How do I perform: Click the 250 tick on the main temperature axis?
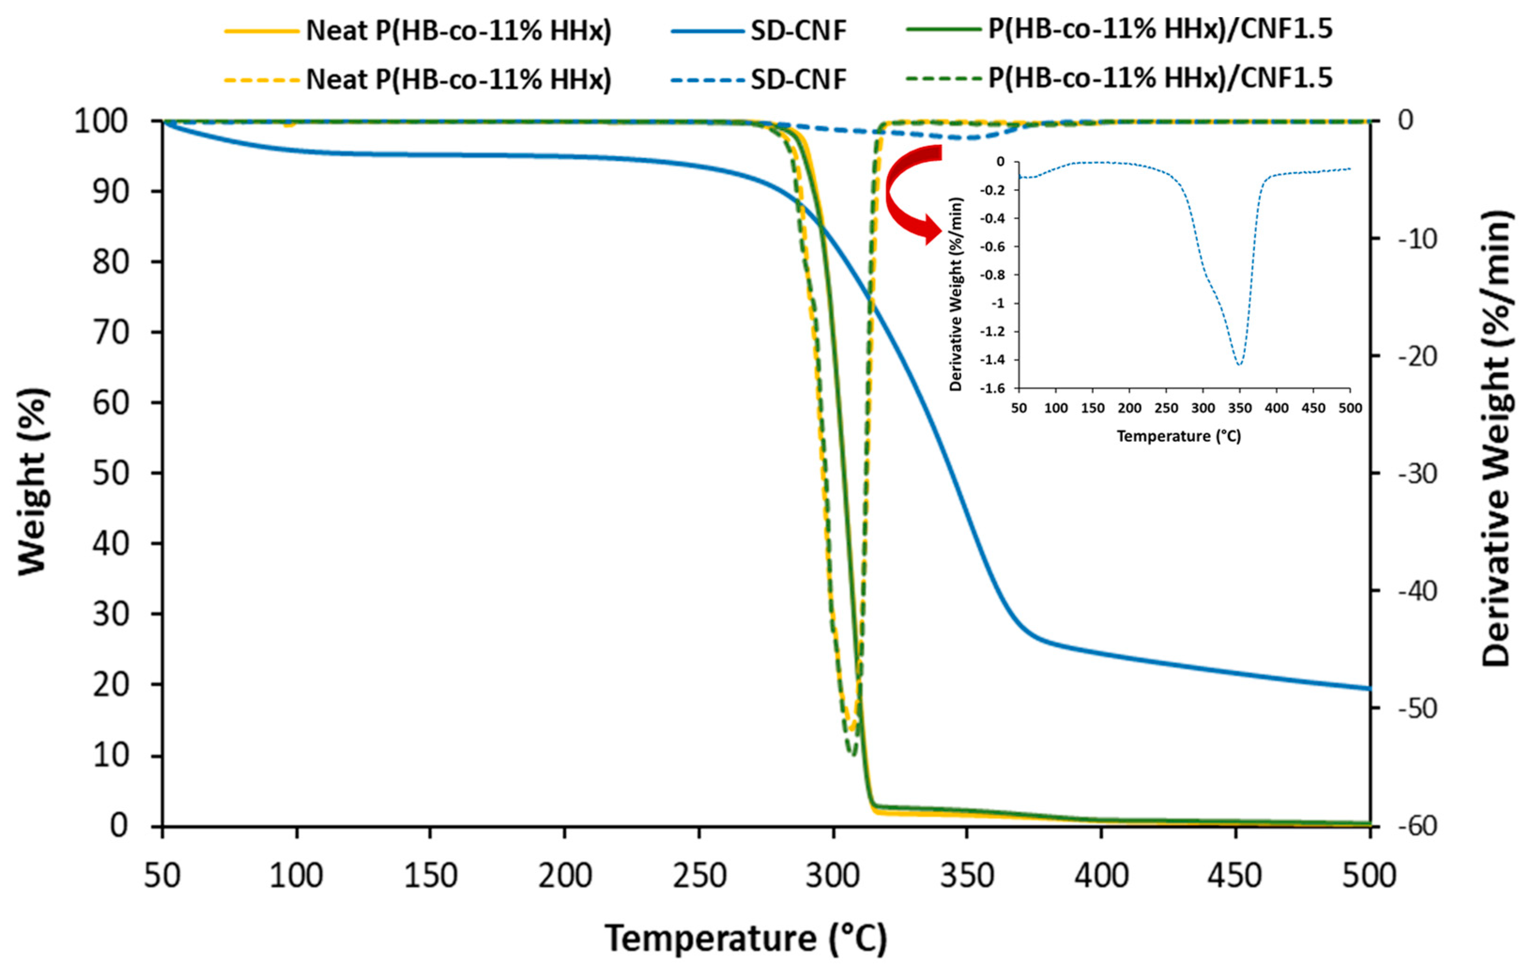[x=699, y=876]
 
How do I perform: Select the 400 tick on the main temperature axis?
[x=1102, y=876]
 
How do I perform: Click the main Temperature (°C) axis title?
[x=746, y=939]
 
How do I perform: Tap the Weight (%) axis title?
[x=33, y=481]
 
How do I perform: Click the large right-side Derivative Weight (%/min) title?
[x=1498, y=437]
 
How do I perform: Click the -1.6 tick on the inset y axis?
[x=992, y=388]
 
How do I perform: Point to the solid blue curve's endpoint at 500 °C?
[x=1369, y=688]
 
